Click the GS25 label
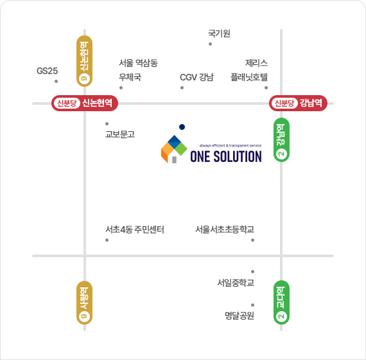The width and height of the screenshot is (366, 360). click(x=47, y=71)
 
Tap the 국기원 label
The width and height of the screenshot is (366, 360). click(x=219, y=33)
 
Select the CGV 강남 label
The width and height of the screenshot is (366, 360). click(x=196, y=77)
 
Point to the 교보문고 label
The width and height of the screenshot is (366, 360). click(x=120, y=134)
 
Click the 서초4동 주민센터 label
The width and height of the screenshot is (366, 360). click(x=135, y=230)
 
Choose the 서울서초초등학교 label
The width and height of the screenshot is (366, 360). click(x=225, y=230)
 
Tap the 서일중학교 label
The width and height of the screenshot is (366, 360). click(x=236, y=283)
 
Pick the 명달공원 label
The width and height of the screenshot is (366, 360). click(x=240, y=316)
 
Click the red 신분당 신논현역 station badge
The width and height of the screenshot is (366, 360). click(x=85, y=103)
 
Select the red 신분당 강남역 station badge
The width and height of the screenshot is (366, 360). click(x=299, y=103)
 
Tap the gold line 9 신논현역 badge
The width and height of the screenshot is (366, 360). click(x=85, y=61)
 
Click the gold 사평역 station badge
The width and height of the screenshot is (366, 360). click(x=85, y=303)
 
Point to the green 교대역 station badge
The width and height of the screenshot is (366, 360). click(x=281, y=303)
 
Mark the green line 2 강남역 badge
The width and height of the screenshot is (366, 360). click(x=281, y=139)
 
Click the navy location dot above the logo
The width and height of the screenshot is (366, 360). click(x=182, y=127)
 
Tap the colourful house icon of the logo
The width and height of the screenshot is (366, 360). click(x=174, y=149)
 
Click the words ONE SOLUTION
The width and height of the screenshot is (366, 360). click(x=226, y=157)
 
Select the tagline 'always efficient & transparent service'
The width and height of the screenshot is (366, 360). click(x=231, y=146)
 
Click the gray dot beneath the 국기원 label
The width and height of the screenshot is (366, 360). click(x=211, y=44)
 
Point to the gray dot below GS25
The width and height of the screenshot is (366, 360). click(x=57, y=82)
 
